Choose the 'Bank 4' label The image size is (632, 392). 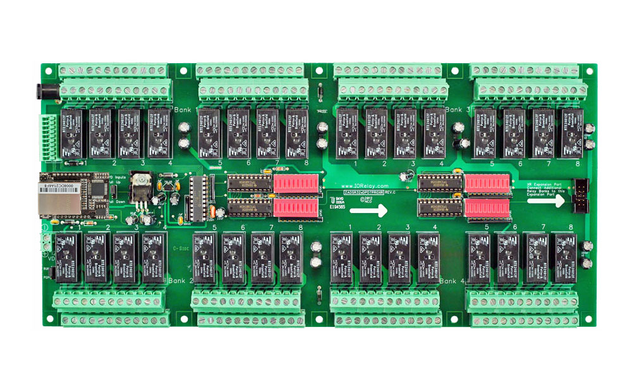coord(453,280)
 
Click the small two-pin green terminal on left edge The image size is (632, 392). coord(46,242)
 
